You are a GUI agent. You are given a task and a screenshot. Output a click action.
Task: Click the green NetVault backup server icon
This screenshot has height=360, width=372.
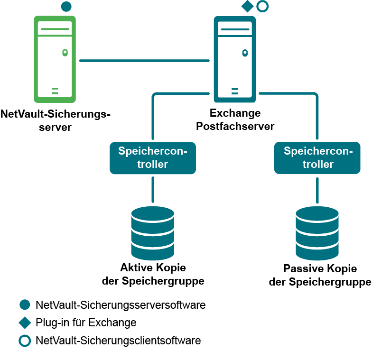55,59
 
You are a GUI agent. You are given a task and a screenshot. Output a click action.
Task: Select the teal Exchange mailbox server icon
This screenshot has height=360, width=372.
235,59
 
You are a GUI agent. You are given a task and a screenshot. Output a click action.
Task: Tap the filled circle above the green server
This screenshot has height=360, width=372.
66,7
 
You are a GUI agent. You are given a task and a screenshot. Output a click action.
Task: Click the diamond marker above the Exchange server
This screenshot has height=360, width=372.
247,6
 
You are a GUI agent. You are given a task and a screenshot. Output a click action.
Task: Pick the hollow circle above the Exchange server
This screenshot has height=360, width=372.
262,7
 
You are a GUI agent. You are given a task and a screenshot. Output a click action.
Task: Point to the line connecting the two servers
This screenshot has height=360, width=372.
144,61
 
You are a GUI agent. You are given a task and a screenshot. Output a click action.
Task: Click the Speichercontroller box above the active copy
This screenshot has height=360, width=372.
152,158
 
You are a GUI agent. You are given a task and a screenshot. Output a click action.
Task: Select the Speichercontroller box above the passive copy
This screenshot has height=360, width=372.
317,158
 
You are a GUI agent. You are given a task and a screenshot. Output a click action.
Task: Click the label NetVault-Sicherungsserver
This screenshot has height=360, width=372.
56,120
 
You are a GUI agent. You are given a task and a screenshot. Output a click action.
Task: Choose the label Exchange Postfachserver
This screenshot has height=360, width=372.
235,120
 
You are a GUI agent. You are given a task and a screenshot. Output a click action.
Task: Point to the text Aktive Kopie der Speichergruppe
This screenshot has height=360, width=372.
153,274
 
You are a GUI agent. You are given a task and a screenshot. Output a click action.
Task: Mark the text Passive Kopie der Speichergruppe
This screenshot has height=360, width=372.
320,275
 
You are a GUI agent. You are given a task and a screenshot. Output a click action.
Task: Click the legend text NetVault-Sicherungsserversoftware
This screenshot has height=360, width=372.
121,305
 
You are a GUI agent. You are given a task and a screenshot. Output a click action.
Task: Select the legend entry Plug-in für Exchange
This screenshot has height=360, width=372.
86,323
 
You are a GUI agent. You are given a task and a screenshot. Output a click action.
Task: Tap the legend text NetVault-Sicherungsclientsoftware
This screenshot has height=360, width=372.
118,341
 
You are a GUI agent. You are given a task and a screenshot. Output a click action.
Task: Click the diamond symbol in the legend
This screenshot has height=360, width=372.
25,323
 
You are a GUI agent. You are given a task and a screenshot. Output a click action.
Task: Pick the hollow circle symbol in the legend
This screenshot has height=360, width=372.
25,341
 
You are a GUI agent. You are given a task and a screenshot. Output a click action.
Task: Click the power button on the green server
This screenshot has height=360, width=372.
65,52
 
